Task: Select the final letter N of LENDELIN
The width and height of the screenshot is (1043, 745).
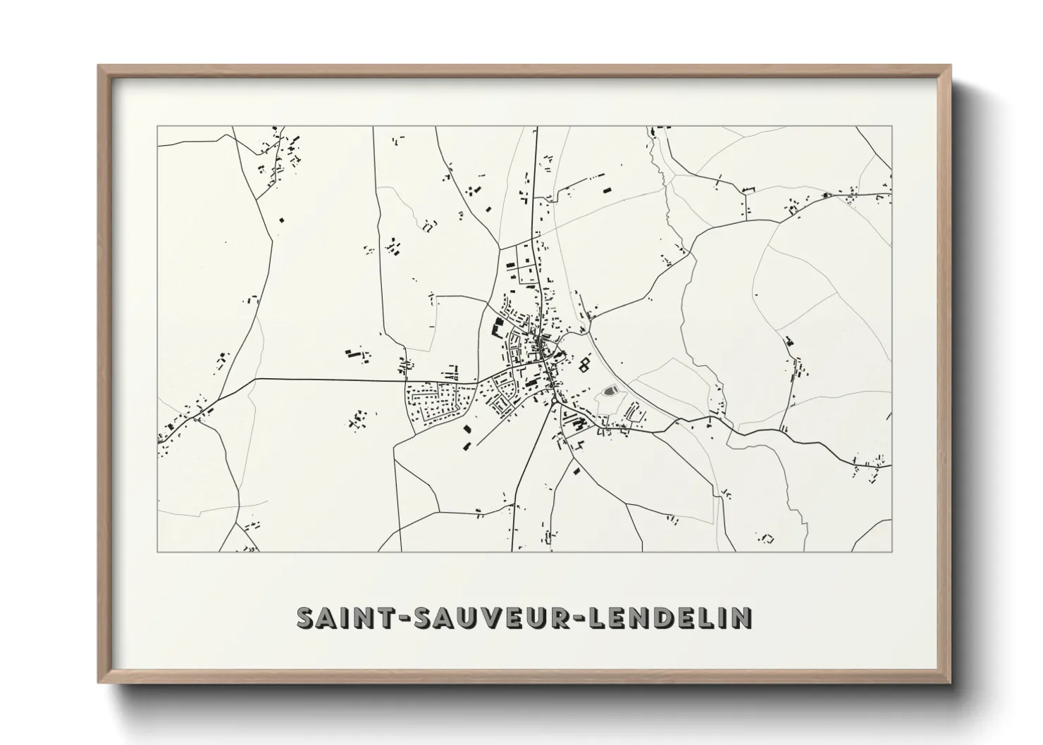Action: click(742, 618)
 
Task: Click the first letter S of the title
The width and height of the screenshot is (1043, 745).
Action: click(305, 618)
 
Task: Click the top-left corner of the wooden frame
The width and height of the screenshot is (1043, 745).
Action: click(99, 66)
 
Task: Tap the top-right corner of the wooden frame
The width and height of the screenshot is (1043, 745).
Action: click(950, 66)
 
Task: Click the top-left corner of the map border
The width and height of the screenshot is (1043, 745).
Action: click(157, 127)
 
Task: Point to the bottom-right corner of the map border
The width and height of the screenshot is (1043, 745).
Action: click(891, 551)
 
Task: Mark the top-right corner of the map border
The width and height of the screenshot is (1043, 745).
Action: click(891, 127)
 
